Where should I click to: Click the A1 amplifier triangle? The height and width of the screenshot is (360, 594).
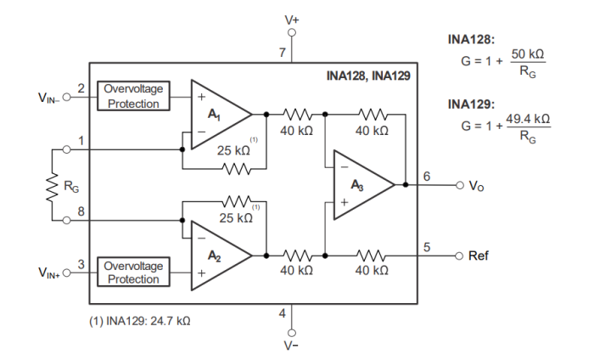216,114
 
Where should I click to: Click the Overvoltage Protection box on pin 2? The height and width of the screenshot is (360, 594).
133,96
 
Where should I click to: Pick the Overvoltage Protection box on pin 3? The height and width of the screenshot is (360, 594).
133,272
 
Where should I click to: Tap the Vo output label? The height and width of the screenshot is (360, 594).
478,185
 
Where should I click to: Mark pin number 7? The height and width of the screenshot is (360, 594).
283,53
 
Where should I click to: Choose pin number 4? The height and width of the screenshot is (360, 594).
283,314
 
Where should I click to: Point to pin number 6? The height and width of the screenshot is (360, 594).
426,176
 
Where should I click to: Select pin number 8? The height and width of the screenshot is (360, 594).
81,211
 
